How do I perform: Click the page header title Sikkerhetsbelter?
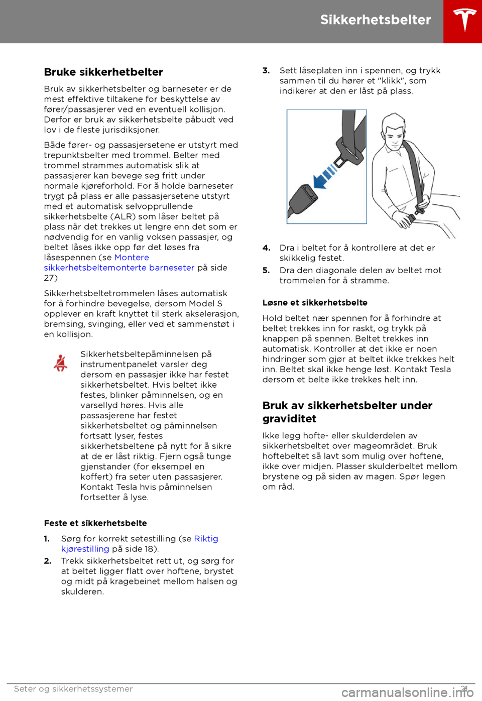pos(376,20)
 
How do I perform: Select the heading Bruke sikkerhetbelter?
pos(103,72)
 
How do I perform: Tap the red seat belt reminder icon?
pos(61,363)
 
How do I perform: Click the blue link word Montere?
pos(132,257)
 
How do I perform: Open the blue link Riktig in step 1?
pos(206,538)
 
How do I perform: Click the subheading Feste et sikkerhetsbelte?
pos(95,523)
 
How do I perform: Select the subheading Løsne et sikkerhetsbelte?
pos(315,302)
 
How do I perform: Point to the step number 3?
pos(266,70)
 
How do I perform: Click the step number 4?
pos(266,248)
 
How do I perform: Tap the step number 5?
pos(266,270)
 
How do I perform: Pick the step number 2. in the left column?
pos(48,560)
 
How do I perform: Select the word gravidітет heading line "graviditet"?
pos(289,419)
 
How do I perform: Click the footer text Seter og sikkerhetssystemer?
pos(73,688)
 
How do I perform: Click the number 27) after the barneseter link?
pos(51,278)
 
